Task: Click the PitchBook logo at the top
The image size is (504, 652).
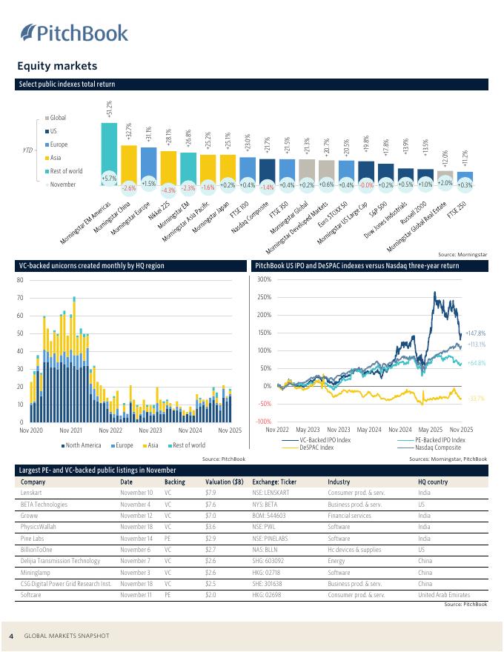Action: point(74,33)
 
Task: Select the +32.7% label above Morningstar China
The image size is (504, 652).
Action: point(129,132)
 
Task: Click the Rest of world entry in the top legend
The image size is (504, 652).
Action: point(66,171)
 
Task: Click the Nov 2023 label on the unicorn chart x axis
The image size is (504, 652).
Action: point(150,430)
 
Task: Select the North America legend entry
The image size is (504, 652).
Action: point(83,445)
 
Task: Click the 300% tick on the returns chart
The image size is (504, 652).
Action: point(265,279)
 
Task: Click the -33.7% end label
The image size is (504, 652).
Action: point(476,399)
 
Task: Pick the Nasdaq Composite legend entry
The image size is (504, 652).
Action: point(437,448)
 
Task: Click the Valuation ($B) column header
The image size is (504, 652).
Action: point(224,482)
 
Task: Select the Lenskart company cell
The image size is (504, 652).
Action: point(32,493)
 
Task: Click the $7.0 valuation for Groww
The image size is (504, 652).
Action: point(210,516)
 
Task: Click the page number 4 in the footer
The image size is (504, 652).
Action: point(11,636)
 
